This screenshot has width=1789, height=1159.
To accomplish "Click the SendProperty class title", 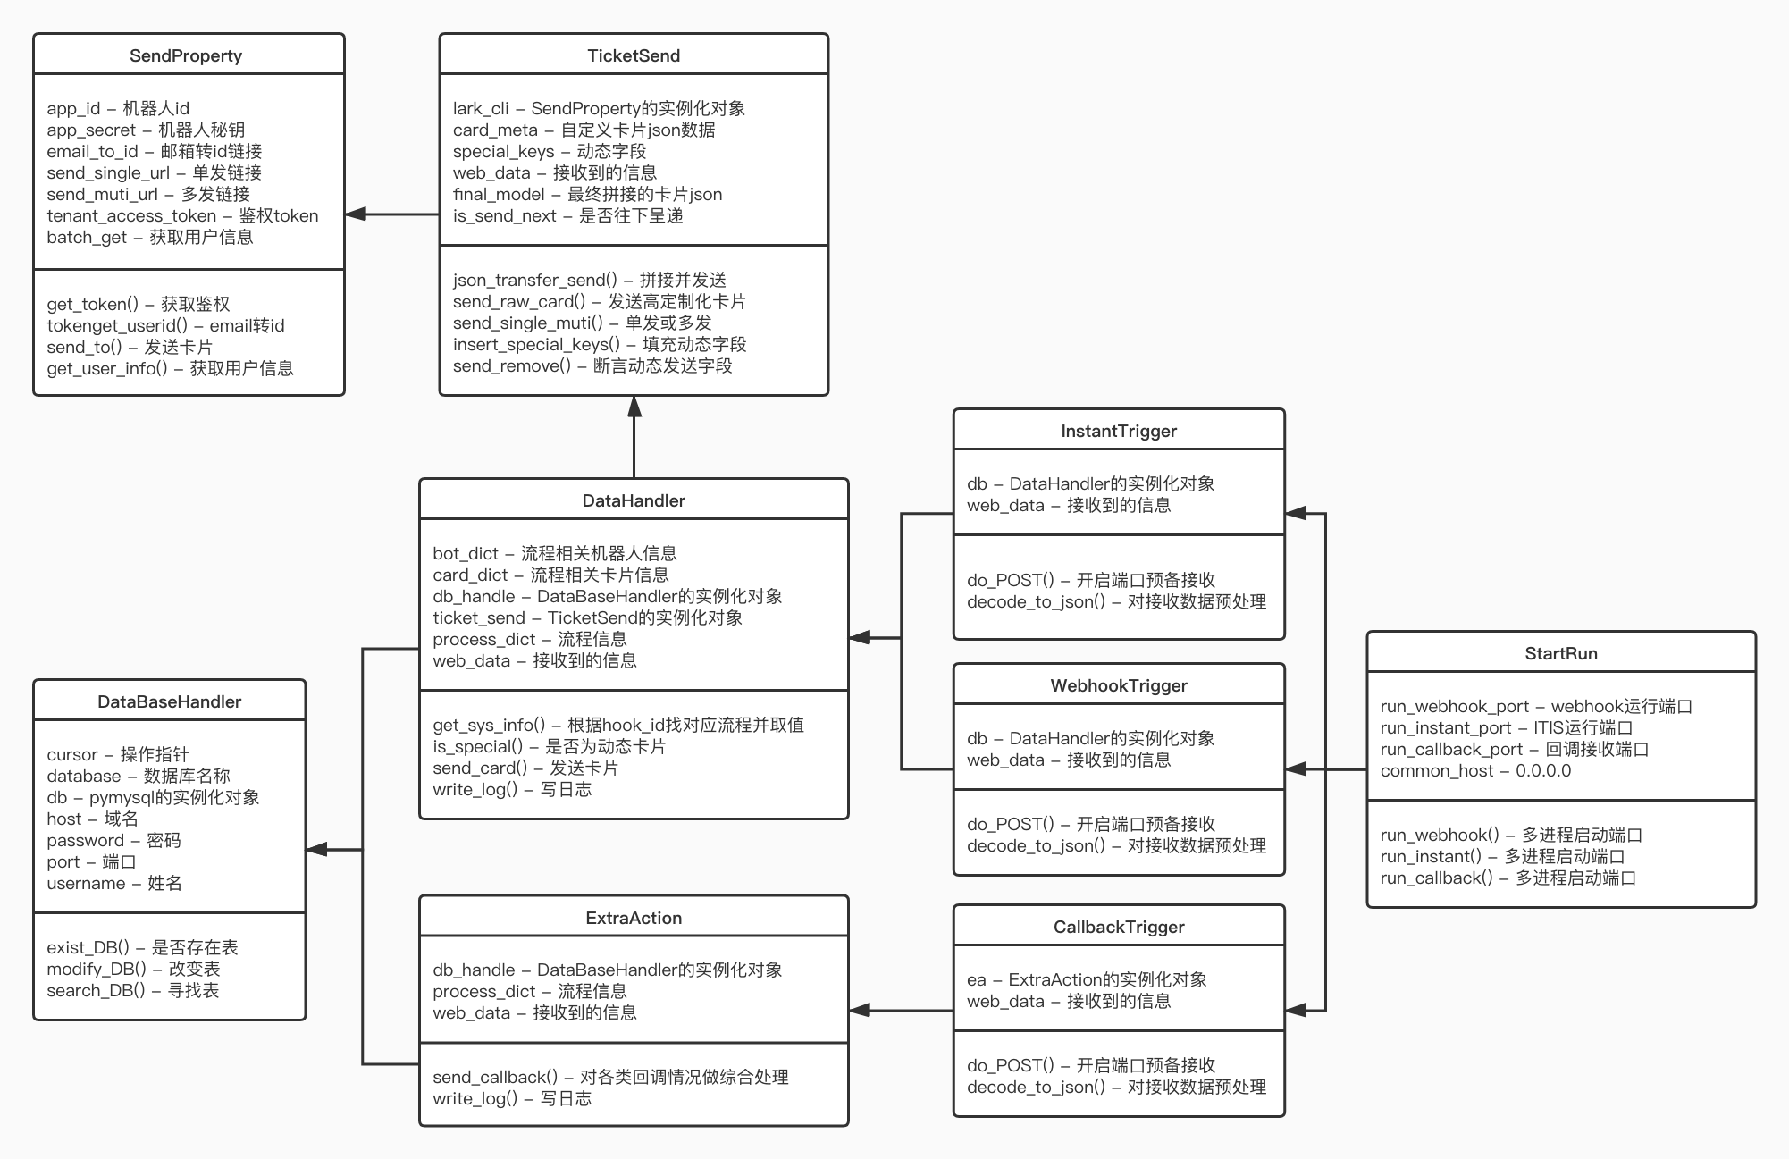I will point(186,55).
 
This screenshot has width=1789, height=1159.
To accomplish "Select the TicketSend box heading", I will point(634,55).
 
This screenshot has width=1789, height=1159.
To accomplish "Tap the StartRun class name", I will point(1560,653).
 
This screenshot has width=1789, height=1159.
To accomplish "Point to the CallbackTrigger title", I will point(1119,927).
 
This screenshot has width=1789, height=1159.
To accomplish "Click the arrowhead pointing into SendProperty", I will point(356,214).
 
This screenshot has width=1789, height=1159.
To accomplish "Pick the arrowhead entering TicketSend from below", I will point(634,407).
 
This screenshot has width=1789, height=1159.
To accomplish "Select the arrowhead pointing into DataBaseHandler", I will point(317,850).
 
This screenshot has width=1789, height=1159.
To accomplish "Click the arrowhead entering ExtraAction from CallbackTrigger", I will point(860,1011).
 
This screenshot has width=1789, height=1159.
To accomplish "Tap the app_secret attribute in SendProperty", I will point(146,130).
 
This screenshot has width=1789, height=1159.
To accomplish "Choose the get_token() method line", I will point(139,304).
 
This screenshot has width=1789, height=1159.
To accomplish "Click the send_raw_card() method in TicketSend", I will point(599,301).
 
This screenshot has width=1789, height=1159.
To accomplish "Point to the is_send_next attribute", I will point(567,215).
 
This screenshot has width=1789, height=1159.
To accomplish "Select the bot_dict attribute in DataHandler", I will point(554,553).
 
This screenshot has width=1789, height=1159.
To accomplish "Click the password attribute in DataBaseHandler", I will point(113,840).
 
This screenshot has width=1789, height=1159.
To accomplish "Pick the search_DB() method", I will point(132,990).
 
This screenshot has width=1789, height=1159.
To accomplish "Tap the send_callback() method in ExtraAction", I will point(610,1077).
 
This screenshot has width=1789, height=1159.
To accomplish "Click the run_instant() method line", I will point(1502,856).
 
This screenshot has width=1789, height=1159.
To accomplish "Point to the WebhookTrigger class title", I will point(1119,685).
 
